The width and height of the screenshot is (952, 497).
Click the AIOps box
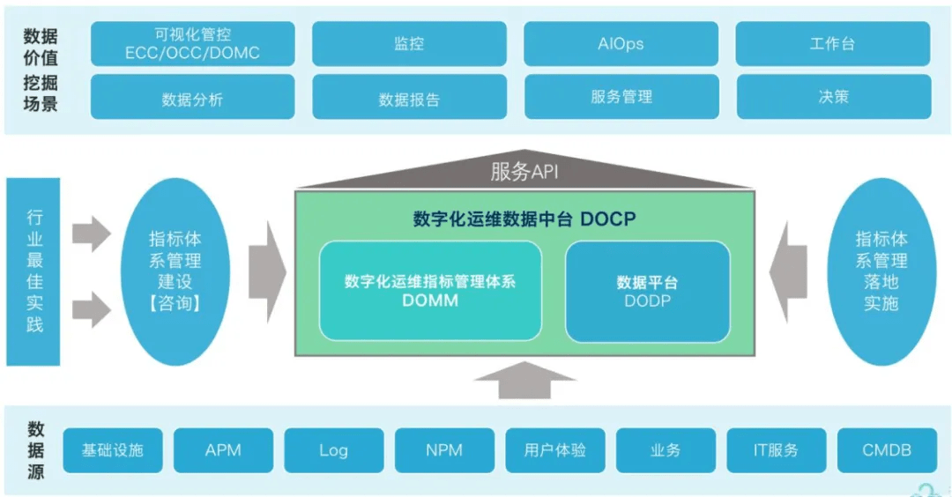click(x=621, y=43)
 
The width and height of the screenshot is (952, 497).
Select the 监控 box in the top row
click(x=409, y=43)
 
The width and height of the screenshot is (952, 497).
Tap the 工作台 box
click(x=832, y=43)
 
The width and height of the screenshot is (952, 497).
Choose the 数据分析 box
click(x=192, y=98)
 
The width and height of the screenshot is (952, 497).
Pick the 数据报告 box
click(x=409, y=98)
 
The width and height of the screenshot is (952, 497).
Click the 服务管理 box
click(x=621, y=97)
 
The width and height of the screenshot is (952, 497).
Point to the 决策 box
click(x=833, y=97)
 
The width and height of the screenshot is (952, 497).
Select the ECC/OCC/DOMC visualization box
click(x=192, y=43)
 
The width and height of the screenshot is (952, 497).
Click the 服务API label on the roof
click(x=524, y=172)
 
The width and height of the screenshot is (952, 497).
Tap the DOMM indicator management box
click(x=430, y=291)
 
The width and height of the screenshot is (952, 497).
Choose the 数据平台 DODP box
click(x=647, y=291)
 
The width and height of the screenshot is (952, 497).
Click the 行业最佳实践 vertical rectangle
click(x=33, y=271)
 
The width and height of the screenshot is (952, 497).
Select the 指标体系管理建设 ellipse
click(x=175, y=271)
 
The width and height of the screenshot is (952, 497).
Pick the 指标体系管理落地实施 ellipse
click(x=881, y=271)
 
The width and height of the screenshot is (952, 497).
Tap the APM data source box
click(x=223, y=450)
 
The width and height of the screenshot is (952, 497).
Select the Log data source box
click(x=333, y=450)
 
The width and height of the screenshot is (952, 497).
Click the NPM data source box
click(x=444, y=450)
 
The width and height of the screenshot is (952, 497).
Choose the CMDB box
click(x=886, y=450)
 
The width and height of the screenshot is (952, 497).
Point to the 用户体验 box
click(x=554, y=450)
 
